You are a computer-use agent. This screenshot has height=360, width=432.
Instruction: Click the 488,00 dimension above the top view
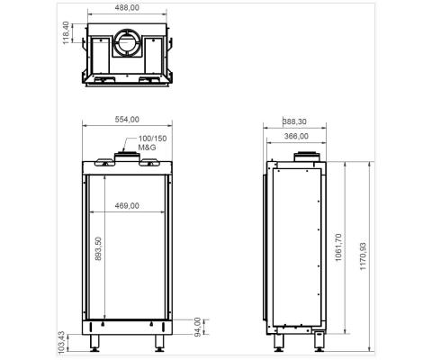[126, 8]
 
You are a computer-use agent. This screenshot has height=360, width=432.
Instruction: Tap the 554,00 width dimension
[126, 119]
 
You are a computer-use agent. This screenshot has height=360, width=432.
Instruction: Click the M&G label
[148, 146]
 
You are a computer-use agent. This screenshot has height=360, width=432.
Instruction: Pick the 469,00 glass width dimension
[128, 206]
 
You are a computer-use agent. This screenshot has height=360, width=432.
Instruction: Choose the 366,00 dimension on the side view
[296, 136]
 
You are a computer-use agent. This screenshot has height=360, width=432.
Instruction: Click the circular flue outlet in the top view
[127, 40]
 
